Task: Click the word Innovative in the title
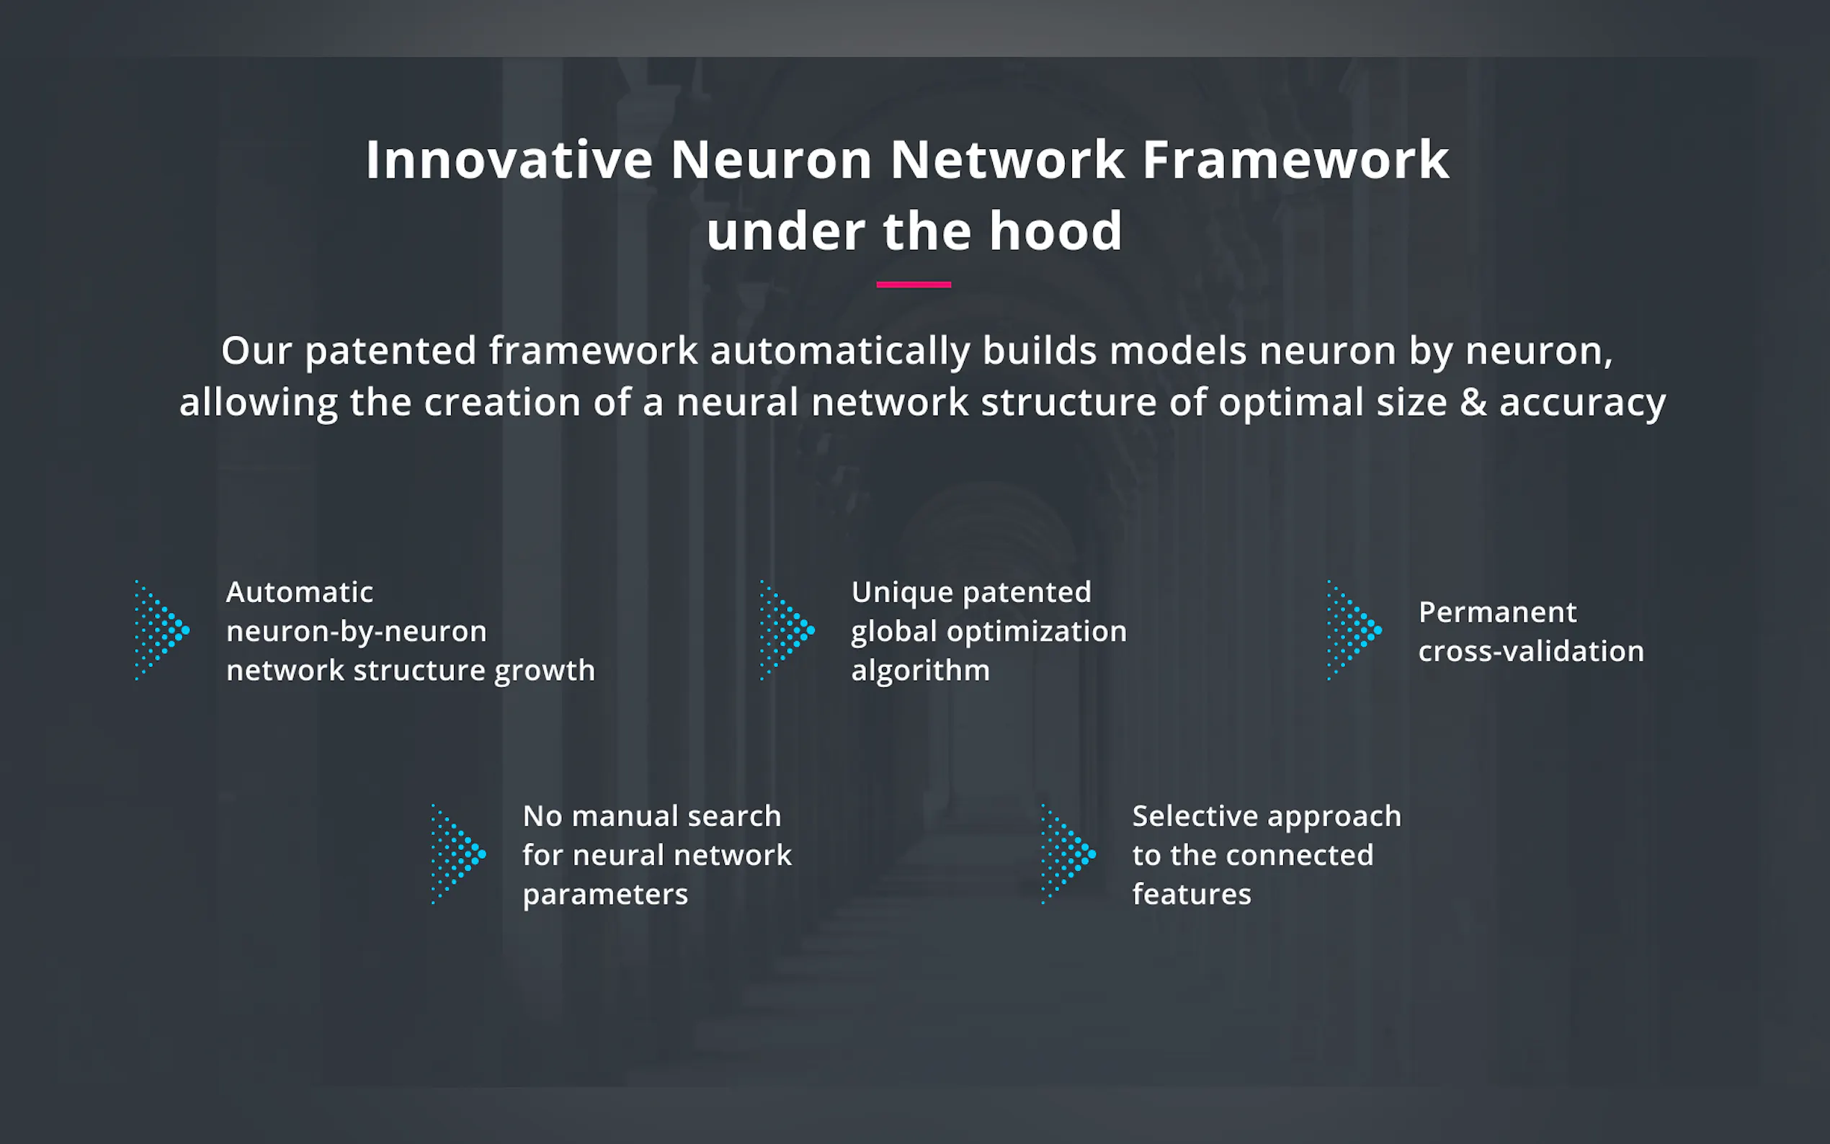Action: pos(509,160)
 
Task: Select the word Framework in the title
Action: pos(1295,160)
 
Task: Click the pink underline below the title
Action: pos(913,285)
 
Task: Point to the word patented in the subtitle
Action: pos(390,352)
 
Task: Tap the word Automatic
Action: pos(300,591)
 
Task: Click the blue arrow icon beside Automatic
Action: pos(162,630)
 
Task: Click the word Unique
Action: pos(901,592)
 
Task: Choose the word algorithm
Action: pos(920,671)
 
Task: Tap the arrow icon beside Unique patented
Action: pos(787,630)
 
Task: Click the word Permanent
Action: pos(1497,612)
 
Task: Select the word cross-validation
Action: pos(1530,651)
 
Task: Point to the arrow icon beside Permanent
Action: pos(1354,630)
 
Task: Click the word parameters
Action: pos(605,895)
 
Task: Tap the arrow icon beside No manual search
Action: pos(458,854)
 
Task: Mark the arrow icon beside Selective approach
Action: pos(1068,854)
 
